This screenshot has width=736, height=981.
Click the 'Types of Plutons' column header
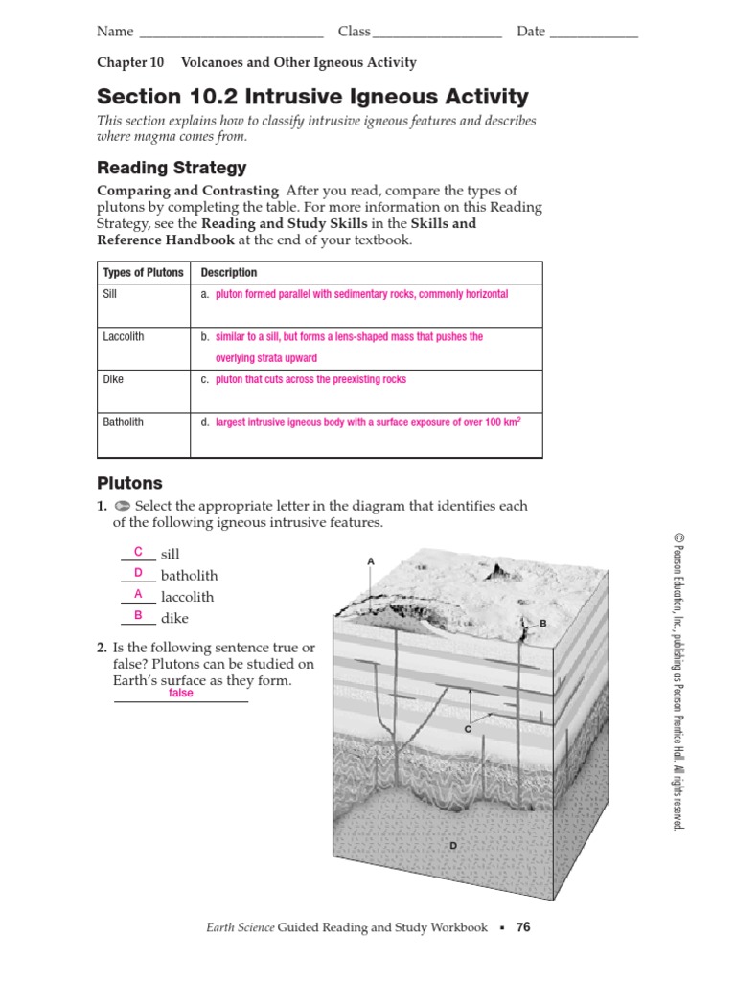click(143, 273)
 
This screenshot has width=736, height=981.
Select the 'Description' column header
click(229, 273)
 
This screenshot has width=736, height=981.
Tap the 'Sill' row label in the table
click(110, 294)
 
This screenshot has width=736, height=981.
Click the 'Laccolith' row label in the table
click(124, 337)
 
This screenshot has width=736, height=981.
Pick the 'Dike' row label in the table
click(113, 379)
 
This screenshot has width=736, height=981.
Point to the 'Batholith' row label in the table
click(124, 422)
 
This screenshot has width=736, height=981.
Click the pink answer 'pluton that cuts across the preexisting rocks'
click(310, 379)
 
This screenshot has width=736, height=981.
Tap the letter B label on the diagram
click(542, 624)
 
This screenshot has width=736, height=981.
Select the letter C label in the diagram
click(469, 729)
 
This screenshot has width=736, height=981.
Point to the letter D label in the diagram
click(453, 845)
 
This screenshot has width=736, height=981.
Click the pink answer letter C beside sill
click(138, 552)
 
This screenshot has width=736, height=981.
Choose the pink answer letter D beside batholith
click(138, 573)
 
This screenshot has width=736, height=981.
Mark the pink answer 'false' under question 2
click(180, 693)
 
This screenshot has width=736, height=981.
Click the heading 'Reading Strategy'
click(172, 168)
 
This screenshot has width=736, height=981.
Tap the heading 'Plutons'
click(129, 483)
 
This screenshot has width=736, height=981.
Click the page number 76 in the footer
click(522, 927)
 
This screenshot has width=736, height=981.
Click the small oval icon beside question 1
click(122, 506)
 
